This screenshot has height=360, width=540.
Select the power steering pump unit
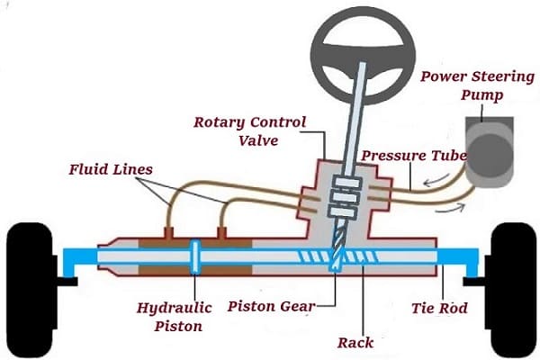[x=491, y=152]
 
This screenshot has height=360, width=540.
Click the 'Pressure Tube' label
[x=413, y=156]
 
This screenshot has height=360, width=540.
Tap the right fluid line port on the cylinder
[x=221, y=234]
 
